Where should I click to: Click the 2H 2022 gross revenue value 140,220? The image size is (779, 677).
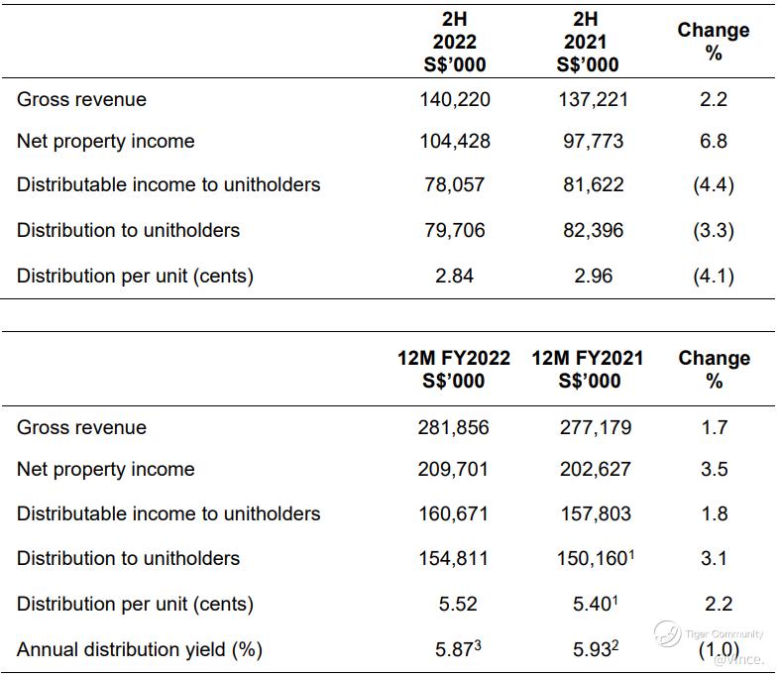coord(454,99)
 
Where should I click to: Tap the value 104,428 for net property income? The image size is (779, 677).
coord(454,141)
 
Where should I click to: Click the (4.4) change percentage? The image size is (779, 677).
coord(714,184)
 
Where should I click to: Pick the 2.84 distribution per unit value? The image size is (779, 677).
coord(454,276)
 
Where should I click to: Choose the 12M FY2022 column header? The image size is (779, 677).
coord(454,369)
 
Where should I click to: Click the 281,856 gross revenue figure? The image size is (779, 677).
coord(454,427)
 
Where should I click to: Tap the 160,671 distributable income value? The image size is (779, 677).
coord(454,513)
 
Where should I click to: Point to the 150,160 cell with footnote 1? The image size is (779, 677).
coord(591,558)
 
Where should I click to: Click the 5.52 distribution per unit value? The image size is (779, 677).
coord(454,603)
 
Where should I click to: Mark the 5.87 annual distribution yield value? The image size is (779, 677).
coord(456,649)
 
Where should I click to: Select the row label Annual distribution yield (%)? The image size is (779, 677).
coord(140,649)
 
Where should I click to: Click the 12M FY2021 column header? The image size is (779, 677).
coord(588,369)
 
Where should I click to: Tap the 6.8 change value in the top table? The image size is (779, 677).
coord(714,141)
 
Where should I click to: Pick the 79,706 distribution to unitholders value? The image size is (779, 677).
coord(454,230)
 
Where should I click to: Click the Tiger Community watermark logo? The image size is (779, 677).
coord(665,632)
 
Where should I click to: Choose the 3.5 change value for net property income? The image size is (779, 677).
coord(714,469)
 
